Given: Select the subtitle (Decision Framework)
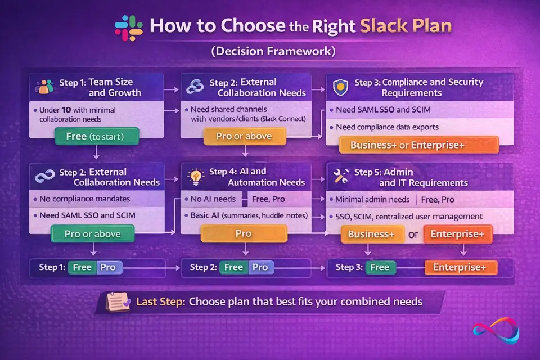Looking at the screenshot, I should tap(273, 52).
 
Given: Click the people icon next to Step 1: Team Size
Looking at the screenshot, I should tap(44, 87).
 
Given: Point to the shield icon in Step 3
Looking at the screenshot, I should tap(341, 87).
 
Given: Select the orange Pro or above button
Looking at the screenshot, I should tap(244, 136).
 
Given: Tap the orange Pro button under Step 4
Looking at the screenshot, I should tap(244, 233).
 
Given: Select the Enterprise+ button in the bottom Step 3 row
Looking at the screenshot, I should tap(461, 267).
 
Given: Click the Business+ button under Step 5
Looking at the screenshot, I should tap(372, 234).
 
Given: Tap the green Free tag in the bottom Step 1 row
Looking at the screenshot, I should tap(82, 267).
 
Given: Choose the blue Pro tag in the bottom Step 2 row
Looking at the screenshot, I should tap(260, 267).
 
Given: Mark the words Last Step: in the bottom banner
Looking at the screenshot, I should tap(160, 301).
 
